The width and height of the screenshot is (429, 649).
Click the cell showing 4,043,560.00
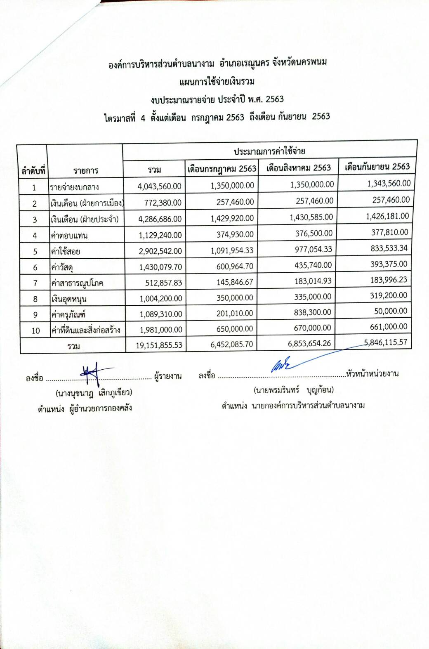click(160, 186)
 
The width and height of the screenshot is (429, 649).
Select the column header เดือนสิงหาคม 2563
click(298, 168)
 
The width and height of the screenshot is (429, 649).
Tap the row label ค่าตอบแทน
click(69, 236)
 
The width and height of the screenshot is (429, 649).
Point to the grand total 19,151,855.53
click(159, 345)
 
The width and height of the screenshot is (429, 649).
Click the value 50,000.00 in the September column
click(391, 311)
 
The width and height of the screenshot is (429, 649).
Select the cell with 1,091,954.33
click(232, 250)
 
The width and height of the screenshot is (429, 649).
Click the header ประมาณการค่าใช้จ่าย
click(269, 151)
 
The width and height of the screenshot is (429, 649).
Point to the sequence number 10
click(35, 330)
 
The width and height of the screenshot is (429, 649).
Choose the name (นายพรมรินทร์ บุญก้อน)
click(294, 389)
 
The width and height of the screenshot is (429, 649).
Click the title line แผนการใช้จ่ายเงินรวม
click(217, 81)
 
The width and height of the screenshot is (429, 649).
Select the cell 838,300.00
click(313, 312)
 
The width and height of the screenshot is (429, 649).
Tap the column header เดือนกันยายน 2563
click(377, 167)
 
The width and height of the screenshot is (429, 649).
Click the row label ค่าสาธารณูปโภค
click(77, 283)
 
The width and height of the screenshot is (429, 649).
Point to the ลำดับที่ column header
click(33, 170)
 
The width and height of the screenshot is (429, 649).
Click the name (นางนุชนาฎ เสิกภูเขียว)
click(94, 392)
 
